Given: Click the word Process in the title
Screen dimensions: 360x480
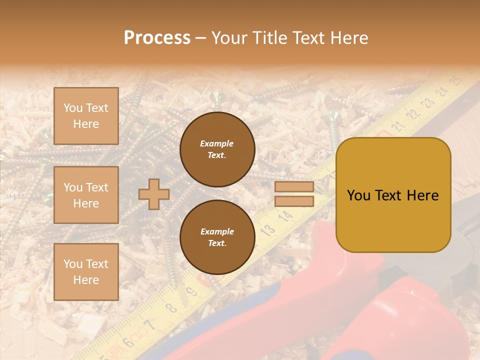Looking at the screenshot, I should click(157, 38).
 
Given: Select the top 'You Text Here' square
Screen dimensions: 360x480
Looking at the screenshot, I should click(86, 116).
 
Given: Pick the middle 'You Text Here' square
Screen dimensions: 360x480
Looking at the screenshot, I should click(86, 195).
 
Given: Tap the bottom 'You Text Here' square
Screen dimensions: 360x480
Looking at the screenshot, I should click(86, 271).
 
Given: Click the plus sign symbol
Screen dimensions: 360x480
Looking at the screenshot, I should click(154, 194).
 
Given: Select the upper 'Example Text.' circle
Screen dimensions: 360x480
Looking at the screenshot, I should click(217, 149).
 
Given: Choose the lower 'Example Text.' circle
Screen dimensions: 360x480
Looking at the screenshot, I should click(217, 237).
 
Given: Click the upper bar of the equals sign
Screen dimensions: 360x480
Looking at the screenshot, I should click(294, 186).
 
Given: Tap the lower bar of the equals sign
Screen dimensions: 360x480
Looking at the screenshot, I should click(294, 201).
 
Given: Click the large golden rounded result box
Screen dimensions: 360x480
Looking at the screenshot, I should click(393, 195).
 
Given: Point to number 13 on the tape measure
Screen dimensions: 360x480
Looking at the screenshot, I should click(268, 229).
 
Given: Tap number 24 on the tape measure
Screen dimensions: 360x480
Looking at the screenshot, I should click(441, 91).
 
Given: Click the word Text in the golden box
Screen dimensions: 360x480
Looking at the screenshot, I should click(393, 195).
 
